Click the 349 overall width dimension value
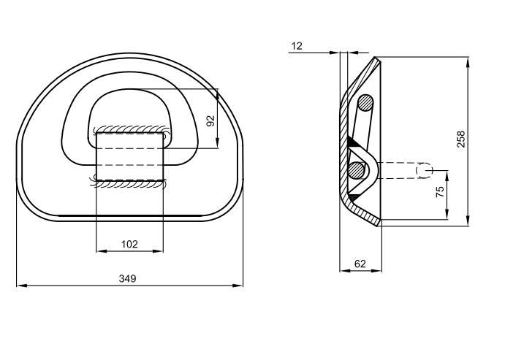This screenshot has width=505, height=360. pos(128,279)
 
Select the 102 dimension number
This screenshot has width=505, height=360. pos(129,245)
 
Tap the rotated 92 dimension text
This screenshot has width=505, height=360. pos(211,120)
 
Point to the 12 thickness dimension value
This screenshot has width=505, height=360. pos(296,46)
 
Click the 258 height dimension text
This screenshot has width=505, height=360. pos(460,139)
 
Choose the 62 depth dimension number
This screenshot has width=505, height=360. pos(360,264)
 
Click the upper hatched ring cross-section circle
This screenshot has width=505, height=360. pos(365,103)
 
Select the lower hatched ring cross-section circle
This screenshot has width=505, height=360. pos(356,170)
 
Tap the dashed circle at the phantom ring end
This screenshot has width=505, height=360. pos(423,170)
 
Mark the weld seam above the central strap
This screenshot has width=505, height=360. pos(130,129)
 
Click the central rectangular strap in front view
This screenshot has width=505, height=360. pos(129,156)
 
